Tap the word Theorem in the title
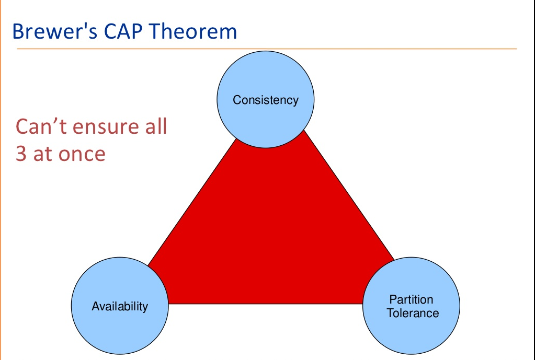193,31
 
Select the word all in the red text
155,127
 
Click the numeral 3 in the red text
21,154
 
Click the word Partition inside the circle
411,299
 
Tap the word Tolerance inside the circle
413,313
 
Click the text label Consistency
266,100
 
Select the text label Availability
120,306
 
